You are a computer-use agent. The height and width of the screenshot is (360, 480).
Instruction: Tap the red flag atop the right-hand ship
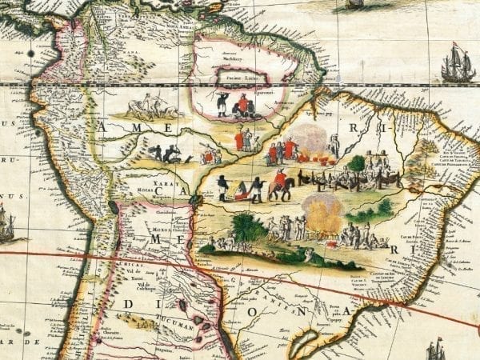pyautogui.click(x=455, y=44)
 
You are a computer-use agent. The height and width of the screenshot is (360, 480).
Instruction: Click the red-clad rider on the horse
pyautogui.click(x=280, y=183)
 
